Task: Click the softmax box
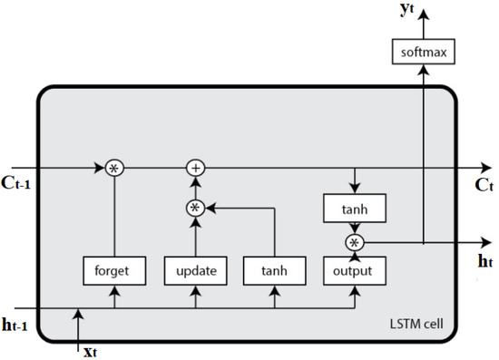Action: pyautogui.click(x=425, y=53)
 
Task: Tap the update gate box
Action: pyautogui.click(x=195, y=269)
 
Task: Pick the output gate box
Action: pyautogui.click(x=355, y=269)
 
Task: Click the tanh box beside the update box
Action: pyautogui.click(x=275, y=269)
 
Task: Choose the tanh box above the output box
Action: pyautogui.click(x=355, y=209)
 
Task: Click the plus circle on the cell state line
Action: pyautogui.click(x=195, y=168)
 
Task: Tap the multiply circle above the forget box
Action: pyautogui.click(x=114, y=168)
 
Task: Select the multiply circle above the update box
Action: pyautogui.click(x=195, y=208)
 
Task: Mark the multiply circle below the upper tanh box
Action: pyautogui.click(x=355, y=241)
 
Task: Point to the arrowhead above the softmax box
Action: pyautogui.click(x=425, y=7)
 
